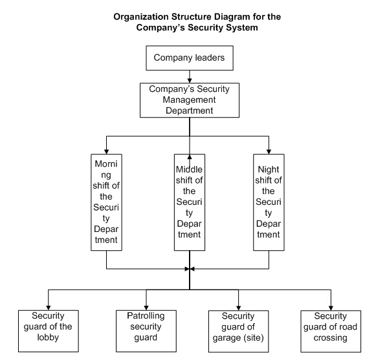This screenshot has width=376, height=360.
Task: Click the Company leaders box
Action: [190, 58]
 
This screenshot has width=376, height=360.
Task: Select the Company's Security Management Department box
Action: [190, 100]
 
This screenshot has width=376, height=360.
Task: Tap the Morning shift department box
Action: [106, 202]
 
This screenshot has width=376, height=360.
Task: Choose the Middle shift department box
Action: [190, 202]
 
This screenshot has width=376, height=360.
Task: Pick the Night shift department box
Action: [269, 202]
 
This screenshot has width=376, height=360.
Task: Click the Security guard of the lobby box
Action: [48, 331]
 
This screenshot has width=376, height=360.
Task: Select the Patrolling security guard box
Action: [146, 331]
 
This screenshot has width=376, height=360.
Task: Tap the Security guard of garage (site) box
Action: [238, 332]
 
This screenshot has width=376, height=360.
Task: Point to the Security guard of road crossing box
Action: [331, 332]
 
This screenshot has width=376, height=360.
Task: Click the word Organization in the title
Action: [141, 17]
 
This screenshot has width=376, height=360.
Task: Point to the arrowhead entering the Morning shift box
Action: [107, 152]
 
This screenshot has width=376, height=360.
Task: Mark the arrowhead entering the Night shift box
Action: [269, 152]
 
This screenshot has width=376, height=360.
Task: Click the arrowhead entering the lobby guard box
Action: [48, 308]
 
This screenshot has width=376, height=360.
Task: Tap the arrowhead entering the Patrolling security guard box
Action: [146, 308]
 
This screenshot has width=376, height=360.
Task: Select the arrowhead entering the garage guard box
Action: [238, 308]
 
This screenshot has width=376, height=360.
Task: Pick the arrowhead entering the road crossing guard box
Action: [331, 308]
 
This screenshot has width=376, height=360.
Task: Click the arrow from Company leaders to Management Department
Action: [190, 77]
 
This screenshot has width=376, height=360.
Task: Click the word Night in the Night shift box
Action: [269, 169]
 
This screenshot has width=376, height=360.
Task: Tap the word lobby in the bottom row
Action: [48, 337]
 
